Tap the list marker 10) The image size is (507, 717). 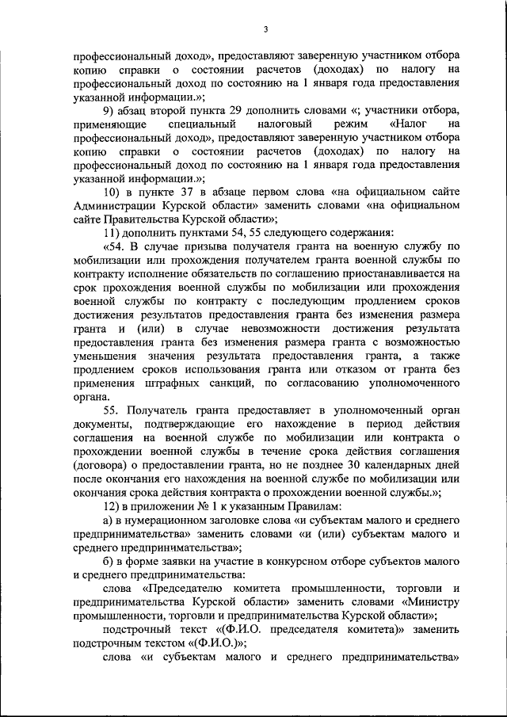pos(113,194)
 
